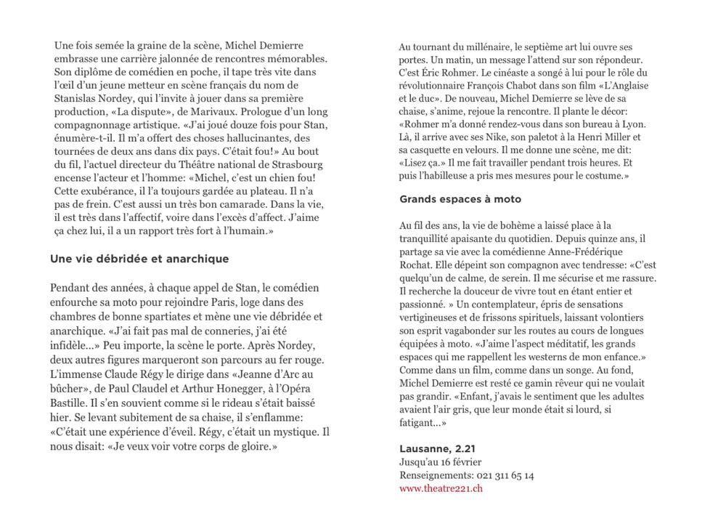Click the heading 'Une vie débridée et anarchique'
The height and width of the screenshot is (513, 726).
[x=139, y=259]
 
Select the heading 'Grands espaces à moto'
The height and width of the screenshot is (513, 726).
[x=460, y=199]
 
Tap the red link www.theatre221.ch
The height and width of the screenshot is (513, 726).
[x=441, y=488]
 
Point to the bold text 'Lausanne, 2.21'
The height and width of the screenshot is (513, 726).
[x=437, y=448]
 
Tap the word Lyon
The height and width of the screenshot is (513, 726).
[x=632, y=124]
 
